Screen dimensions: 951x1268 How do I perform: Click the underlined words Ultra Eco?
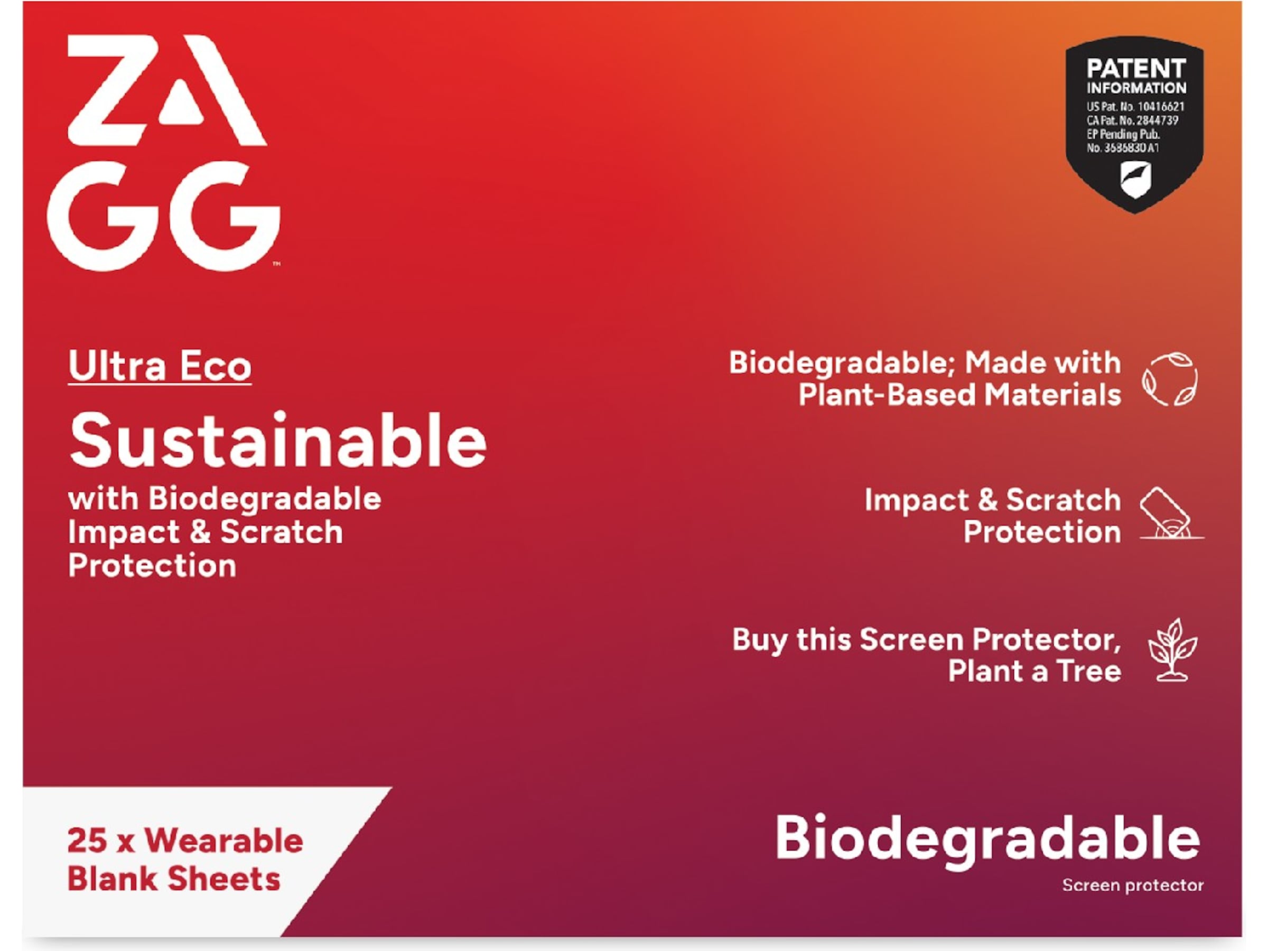coord(160,366)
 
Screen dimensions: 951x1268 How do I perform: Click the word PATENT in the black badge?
coord(1135,69)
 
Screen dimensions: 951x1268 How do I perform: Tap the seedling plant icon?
coord(1172,650)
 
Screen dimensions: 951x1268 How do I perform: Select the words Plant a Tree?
coord(1034,672)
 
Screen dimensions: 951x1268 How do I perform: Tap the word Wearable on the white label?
coord(224,841)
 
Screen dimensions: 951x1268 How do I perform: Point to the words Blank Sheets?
coord(174,879)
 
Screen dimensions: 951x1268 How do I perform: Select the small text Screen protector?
coord(1133,885)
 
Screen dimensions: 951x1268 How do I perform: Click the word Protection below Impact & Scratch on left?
coord(152,566)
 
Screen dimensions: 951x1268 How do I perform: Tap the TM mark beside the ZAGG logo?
coord(276,264)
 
